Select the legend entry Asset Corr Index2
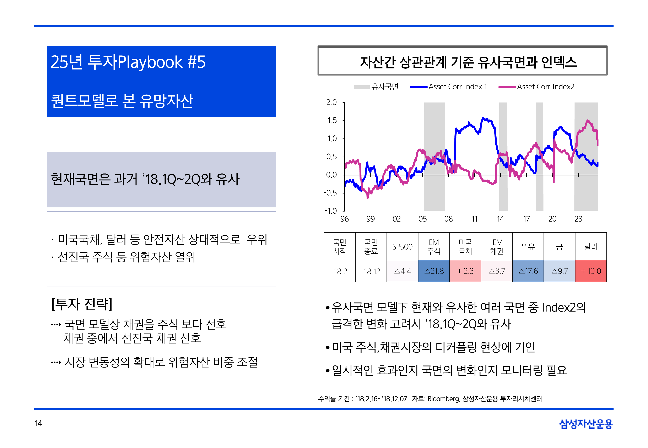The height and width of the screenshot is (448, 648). click(545, 87)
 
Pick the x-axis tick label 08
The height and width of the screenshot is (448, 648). click(448, 219)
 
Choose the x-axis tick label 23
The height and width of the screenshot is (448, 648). click(578, 219)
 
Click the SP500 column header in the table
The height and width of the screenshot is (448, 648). click(402, 247)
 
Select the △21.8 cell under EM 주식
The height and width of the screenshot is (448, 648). click(434, 271)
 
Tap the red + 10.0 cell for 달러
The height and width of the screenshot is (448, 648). click(591, 271)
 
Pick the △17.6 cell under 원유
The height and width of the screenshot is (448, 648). click(528, 271)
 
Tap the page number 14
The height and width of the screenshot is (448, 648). click(38, 423)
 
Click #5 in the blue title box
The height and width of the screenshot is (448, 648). click(196, 62)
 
